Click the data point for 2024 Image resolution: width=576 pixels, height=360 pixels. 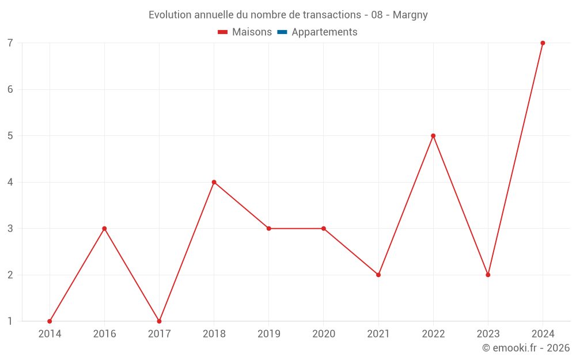click(543, 43)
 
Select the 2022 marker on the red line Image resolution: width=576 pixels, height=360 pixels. click(433, 136)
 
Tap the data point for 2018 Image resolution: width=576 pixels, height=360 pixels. click(214, 182)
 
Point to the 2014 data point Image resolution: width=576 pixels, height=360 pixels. click(50, 321)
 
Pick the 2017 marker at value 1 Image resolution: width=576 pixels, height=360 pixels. click(159, 321)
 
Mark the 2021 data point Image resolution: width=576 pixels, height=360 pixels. click(378, 275)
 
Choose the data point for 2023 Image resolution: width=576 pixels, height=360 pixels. click(488, 275)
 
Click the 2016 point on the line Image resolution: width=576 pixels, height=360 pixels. click(104, 229)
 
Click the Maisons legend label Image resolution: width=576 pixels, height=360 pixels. click(252, 32)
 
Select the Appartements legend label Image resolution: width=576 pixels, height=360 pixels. click(324, 32)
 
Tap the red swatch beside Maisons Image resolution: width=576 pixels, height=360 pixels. click(223, 32)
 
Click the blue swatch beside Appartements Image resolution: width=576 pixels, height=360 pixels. click(282, 32)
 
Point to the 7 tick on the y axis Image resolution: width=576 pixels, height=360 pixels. click(10, 43)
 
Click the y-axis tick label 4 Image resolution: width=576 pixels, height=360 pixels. click(10, 182)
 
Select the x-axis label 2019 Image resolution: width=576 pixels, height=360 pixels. click(268, 334)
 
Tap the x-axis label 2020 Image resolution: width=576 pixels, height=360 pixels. click(323, 334)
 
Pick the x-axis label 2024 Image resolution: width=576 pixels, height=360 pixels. click(543, 334)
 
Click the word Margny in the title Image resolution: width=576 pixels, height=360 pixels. click(410, 15)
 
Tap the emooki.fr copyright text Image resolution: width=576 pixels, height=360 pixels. click(525, 348)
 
